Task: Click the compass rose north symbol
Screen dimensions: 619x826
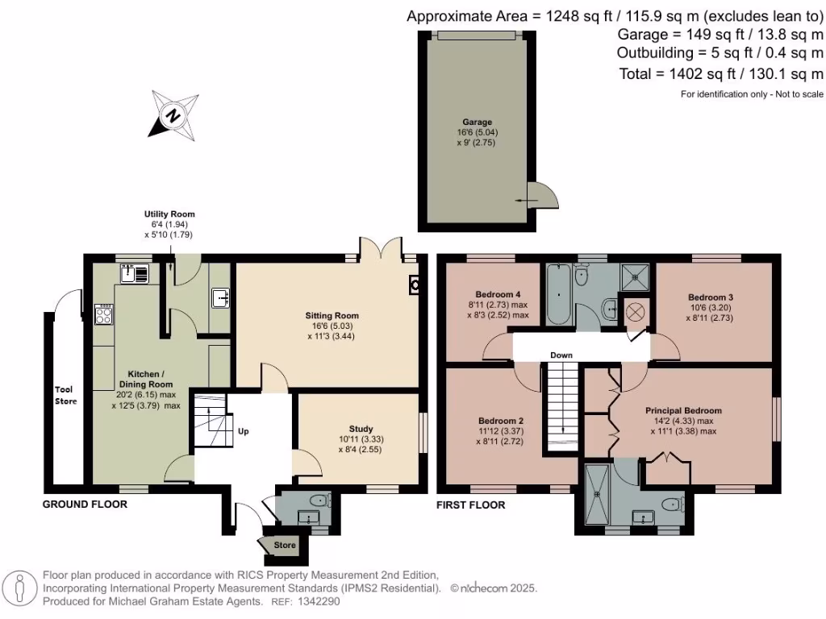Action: (173, 115)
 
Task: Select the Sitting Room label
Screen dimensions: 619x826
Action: (332, 315)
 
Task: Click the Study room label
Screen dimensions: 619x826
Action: (361, 429)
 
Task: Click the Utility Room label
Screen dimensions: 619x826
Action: (169, 214)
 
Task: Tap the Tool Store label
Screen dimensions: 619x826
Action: (65, 394)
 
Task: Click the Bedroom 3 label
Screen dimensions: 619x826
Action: (711, 297)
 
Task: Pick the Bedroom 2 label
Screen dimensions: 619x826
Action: (501, 421)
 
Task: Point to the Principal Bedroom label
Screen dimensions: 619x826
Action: (683, 410)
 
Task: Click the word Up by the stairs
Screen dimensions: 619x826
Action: (243, 431)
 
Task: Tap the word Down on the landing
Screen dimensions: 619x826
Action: (561, 355)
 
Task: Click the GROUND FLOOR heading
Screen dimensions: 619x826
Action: (85, 505)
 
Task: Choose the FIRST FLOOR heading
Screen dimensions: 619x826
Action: (471, 505)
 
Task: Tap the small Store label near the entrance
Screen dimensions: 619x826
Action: (285, 546)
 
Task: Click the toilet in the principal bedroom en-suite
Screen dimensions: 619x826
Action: (670, 505)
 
